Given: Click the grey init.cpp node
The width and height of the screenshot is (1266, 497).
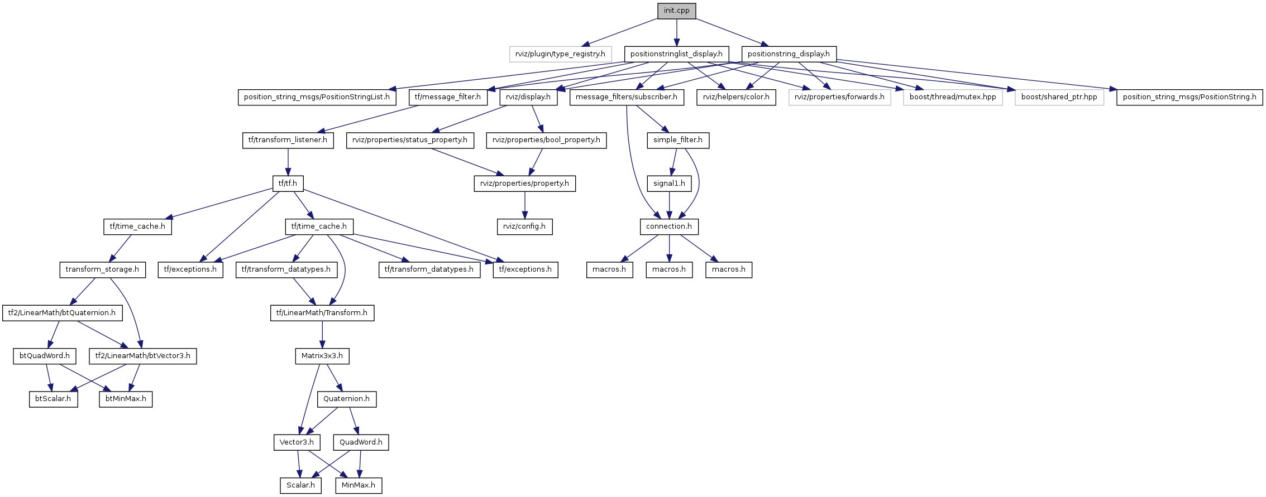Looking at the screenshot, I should coord(676,11).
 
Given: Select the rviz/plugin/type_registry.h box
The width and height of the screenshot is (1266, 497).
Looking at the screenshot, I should coord(560,54).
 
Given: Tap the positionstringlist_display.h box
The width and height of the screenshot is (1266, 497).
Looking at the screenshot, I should coord(676,54).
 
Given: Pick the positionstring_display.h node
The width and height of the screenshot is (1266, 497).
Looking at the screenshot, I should coord(789,54).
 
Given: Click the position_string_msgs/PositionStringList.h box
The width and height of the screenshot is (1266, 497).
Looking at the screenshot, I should coord(317,97).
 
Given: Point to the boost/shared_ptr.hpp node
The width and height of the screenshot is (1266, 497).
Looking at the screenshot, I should coord(1059,97).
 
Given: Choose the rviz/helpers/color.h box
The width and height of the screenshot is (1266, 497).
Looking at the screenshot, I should coord(736,97).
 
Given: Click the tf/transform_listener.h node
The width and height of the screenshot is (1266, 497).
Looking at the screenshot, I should coord(288,140).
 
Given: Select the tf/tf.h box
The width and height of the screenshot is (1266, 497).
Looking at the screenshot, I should coord(288,183).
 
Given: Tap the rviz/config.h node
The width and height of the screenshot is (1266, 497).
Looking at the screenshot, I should coord(524,226).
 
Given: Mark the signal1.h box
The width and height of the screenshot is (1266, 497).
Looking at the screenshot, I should coord(669,183).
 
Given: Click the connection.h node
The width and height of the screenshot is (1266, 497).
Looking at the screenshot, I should coord(669,226).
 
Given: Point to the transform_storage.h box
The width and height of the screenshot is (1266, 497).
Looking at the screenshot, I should coord(102,269).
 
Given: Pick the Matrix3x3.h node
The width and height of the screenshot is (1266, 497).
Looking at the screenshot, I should coord(322,356).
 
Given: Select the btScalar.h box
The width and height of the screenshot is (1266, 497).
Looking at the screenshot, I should coord(53,399).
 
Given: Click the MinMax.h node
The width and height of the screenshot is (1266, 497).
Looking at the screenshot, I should coord(359,485).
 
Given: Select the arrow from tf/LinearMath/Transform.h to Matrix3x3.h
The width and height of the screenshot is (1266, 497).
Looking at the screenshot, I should coord(322,334).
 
